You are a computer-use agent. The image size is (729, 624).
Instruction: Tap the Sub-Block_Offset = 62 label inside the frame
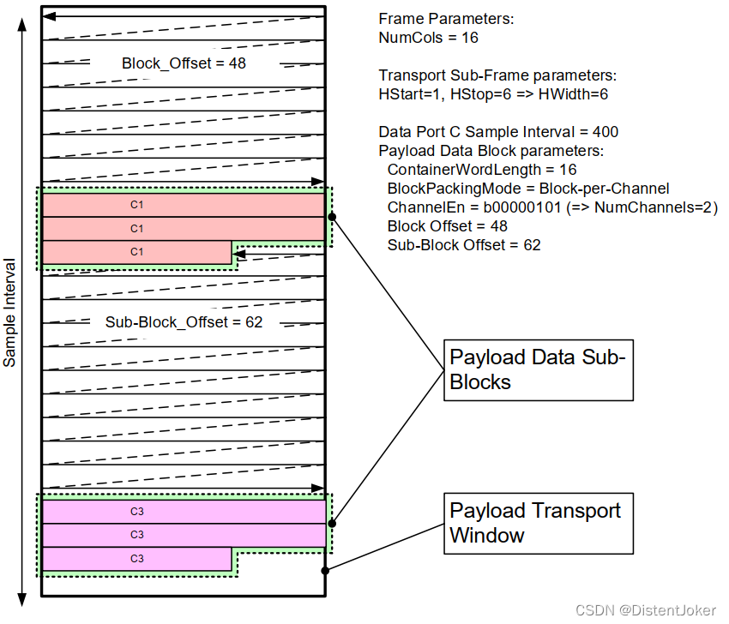tap(184, 322)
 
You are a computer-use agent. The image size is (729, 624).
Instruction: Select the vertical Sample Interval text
tap(10, 312)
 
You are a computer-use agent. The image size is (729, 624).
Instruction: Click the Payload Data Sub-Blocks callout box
tap(539, 369)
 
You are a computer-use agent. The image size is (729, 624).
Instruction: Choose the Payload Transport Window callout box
tap(539, 523)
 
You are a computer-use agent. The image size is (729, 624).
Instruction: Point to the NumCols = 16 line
tap(428, 38)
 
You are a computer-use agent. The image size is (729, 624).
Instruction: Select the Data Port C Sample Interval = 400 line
tap(498, 132)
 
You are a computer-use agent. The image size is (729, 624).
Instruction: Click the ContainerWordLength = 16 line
tap(482, 170)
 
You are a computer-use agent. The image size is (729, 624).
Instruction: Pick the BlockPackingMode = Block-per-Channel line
tap(527, 189)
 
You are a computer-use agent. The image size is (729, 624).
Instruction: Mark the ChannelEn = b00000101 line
tap(551, 207)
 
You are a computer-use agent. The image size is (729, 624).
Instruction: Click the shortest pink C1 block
tap(137, 252)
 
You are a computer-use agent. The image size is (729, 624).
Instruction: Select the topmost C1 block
tap(184, 206)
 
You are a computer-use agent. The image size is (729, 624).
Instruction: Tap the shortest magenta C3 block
tap(137, 559)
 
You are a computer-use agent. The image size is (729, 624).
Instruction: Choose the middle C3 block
tap(184, 535)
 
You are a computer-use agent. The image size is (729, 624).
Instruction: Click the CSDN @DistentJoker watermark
tap(646, 609)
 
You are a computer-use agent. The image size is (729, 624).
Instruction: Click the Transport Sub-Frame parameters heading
tap(497, 75)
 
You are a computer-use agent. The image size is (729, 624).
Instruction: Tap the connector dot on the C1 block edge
tap(332, 218)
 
